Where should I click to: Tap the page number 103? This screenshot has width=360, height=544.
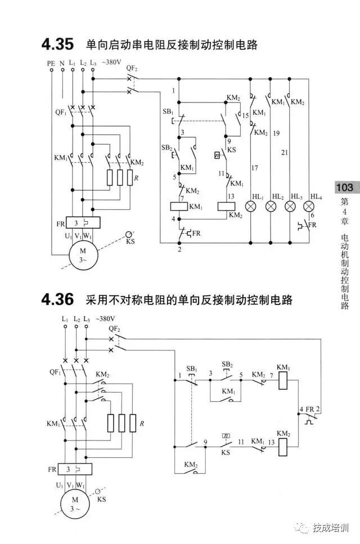pyautogui.click(x=344, y=187)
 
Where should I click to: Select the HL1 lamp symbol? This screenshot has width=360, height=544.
pyautogui.click(x=251, y=206)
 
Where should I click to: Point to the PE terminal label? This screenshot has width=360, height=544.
pyautogui.click(x=51, y=64)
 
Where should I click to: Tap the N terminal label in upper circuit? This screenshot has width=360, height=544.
pyautogui.click(x=62, y=64)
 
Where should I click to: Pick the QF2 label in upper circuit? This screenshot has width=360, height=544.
pyautogui.click(x=132, y=69)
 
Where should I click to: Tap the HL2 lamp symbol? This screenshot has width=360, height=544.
pyautogui.click(x=271, y=206)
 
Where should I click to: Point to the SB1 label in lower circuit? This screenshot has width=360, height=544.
pyautogui.click(x=192, y=368)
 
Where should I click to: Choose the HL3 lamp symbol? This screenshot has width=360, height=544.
pyautogui.click(x=290, y=206)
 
